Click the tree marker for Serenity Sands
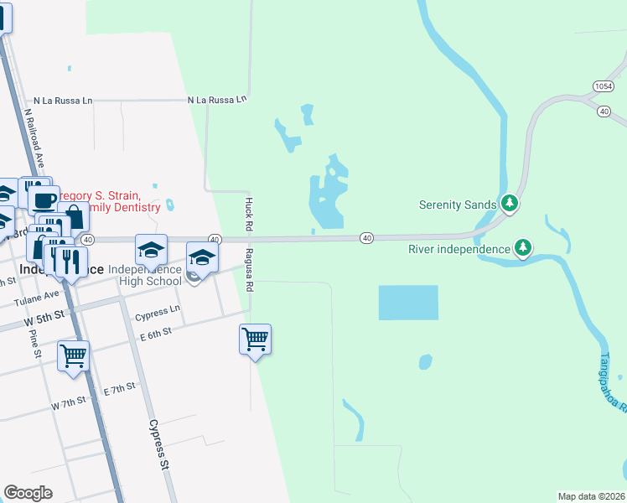click(509, 203)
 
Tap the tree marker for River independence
click(523, 247)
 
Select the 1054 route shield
click(603, 86)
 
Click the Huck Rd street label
click(248, 215)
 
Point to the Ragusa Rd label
click(250, 269)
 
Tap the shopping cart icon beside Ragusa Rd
click(255, 339)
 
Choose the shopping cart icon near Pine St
click(73, 355)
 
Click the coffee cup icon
click(44, 200)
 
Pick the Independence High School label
click(146, 275)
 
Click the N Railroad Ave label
click(34, 138)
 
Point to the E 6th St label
click(156, 333)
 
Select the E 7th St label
click(119, 390)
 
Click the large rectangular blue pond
click(408, 303)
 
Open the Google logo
click(28, 493)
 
